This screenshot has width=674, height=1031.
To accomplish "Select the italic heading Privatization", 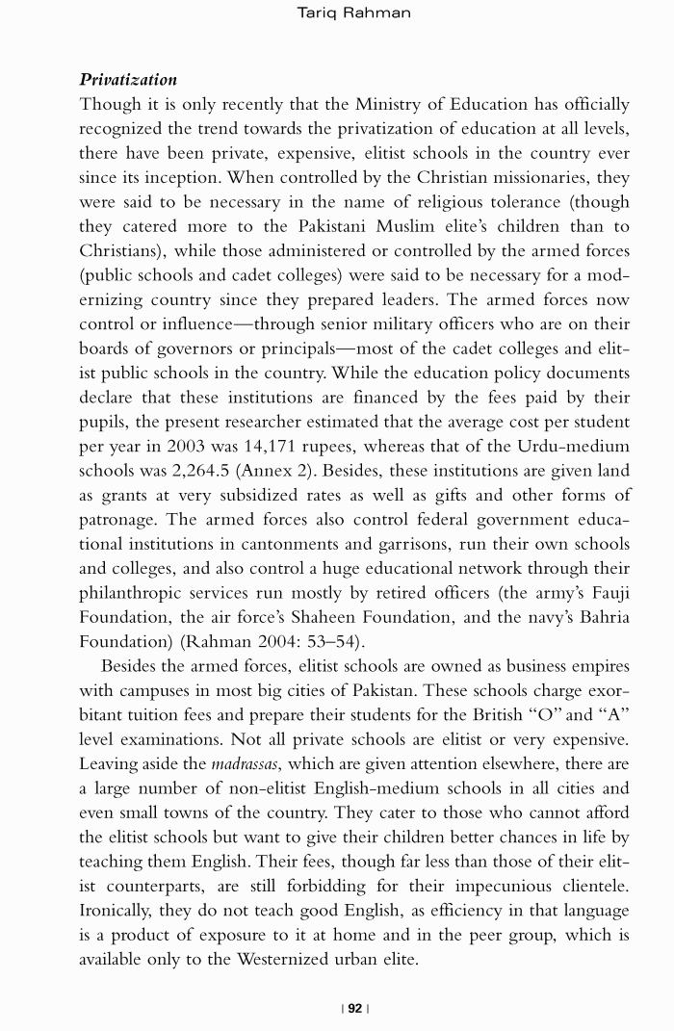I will click(x=128, y=79).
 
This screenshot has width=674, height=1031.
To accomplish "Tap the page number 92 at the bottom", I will click(x=355, y=1008).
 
